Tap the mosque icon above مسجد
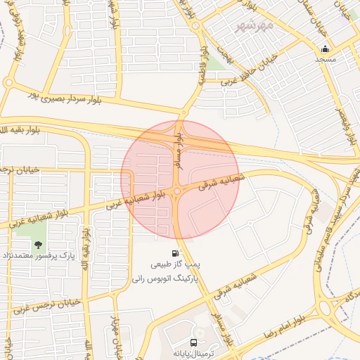click(325, 49)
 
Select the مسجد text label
click(325, 60)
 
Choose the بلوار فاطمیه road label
click(202, 67)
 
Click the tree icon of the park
click(37, 244)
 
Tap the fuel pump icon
click(174, 253)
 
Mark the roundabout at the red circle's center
click(179, 191)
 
